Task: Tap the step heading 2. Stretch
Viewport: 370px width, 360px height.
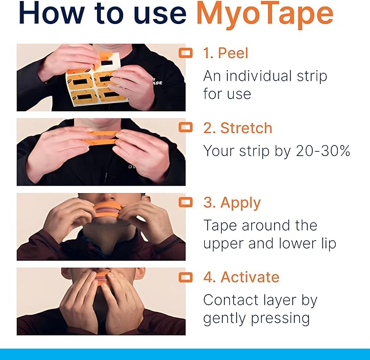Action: [x=237, y=128]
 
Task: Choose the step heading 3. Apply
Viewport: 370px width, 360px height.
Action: [x=232, y=203]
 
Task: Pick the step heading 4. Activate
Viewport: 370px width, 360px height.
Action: [x=241, y=277]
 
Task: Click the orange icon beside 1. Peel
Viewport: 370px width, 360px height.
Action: [x=186, y=53]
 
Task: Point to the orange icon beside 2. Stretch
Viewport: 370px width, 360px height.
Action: [x=186, y=128]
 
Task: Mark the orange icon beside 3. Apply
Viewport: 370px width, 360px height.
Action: [x=186, y=202]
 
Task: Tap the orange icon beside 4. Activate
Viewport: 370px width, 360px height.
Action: [x=186, y=277]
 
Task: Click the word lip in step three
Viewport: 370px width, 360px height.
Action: [x=326, y=243]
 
